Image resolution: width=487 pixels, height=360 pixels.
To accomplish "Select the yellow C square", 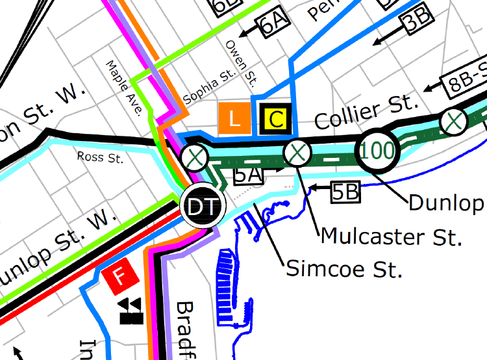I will [275, 118].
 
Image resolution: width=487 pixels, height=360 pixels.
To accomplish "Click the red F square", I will [119, 277].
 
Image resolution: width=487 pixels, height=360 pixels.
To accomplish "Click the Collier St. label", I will [366, 111].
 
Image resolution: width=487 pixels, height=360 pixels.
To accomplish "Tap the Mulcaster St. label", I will [391, 235].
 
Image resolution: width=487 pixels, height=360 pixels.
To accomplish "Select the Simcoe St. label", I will [343, 267].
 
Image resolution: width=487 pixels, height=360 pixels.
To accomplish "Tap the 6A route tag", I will [273, 26].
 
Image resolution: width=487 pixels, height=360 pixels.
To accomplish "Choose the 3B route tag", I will [416, 21].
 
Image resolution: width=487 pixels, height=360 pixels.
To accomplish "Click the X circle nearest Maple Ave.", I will [194, 157].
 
